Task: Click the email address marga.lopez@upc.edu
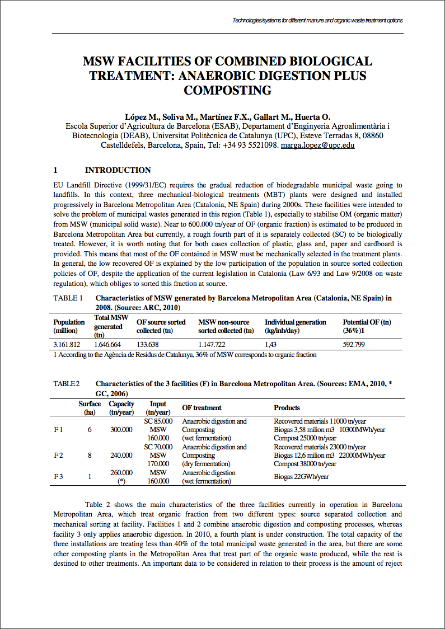[x=317, y=145]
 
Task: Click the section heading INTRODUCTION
[x=118, y=170]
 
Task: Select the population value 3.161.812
[x=67, y=345]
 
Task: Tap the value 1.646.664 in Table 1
[x=107, y=345]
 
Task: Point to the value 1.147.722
[x=212, y=345]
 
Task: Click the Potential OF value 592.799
[x=354, y=345]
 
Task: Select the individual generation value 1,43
[x=271, y=345]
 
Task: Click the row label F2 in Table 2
[x=58, y=456]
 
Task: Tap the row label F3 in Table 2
[x=58, y=476]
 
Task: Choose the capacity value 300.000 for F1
[x=121, y=430]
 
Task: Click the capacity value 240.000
[x=121, y=456]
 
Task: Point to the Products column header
[x=287, y=408]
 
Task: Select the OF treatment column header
[x=202, y=408]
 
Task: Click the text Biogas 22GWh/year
[x=301, y=477]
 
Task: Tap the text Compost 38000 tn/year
[x=305, y=464]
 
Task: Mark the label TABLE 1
[x=68, y=298]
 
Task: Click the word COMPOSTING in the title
[x=227, y=90]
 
